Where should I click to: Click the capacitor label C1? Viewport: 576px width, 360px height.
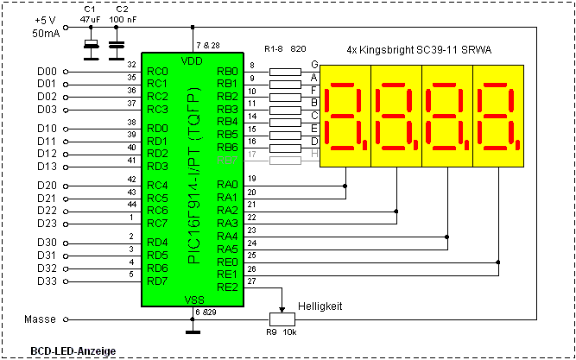(90, 9)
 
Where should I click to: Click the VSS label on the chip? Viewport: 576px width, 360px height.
(192, 299)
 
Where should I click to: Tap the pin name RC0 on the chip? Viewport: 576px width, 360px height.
(157, 71)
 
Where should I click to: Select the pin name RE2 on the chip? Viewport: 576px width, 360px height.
(227, 287)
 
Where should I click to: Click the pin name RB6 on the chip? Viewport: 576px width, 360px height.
(227, 147)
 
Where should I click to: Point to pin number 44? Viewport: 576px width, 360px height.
(130, 204)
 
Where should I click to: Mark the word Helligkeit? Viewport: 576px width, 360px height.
(320, 306)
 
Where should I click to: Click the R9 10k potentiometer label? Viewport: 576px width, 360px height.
(281, 332)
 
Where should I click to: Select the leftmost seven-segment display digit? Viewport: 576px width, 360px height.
(345, 116)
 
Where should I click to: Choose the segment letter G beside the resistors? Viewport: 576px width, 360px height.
(314, 64)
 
